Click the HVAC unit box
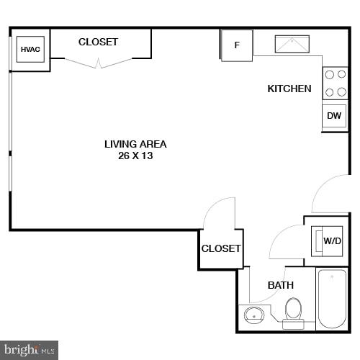click(30, 50)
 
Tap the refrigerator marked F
click(237, 45)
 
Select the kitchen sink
click(292, 45)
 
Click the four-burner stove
click(335, 83)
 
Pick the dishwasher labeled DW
click(334, 116)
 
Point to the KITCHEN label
click(289, 89)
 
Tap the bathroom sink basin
click(253, 315)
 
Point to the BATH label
click(280, 285)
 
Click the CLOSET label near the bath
click(221, 248)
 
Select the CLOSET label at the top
click(98, 42)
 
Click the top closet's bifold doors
click(99, 64)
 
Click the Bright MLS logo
click(29, 350)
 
